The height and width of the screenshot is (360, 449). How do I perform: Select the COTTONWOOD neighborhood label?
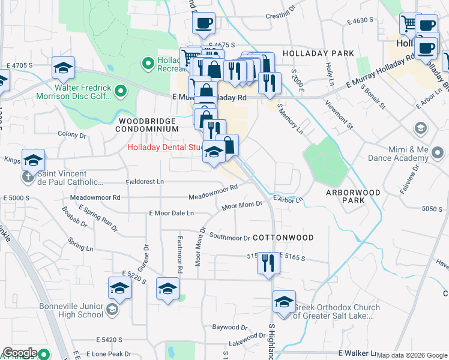pos(283,238)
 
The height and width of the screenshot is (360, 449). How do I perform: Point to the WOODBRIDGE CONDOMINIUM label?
pos(146,125)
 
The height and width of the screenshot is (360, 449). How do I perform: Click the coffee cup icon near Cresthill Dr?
pos(203,23)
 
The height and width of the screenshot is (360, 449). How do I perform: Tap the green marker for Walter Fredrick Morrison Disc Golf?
pos(121,91)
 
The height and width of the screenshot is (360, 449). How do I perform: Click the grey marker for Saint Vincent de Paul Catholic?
pos(28,178)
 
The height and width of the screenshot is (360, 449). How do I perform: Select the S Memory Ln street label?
pos(291,119)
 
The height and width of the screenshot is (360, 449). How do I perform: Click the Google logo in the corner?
pos(20,353)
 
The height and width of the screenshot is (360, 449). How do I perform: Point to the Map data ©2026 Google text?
pos(411,355)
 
